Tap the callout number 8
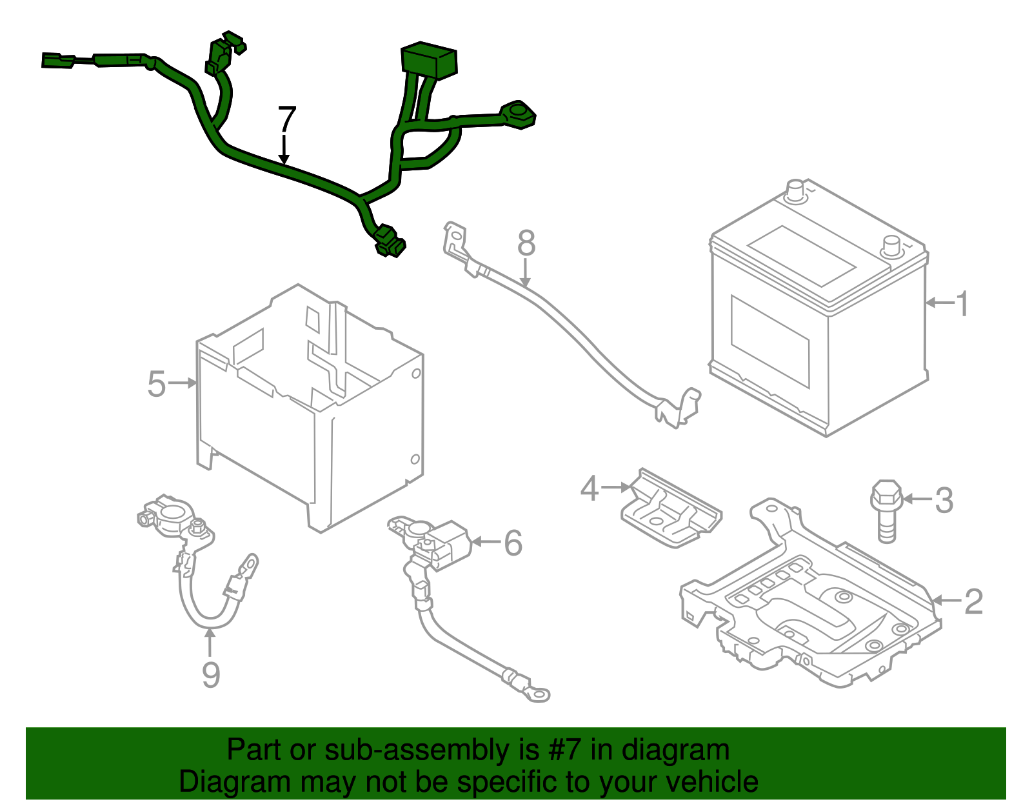(x=526, y=243)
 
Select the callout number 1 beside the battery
(x=962, y=303)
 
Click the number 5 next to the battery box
(x=157, y=384)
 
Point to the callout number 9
(x=211, y=675)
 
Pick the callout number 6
(x=513, y=543)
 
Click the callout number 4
(x=590, y=489)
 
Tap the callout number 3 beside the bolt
(x=944, y=500)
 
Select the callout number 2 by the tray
(x=973, y=601)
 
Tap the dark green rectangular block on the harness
(x=429, y=59)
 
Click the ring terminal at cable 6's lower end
(x=535, y=694)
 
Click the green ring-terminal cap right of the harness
(x=518, y=116)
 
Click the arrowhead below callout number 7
(x=284, y=159)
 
